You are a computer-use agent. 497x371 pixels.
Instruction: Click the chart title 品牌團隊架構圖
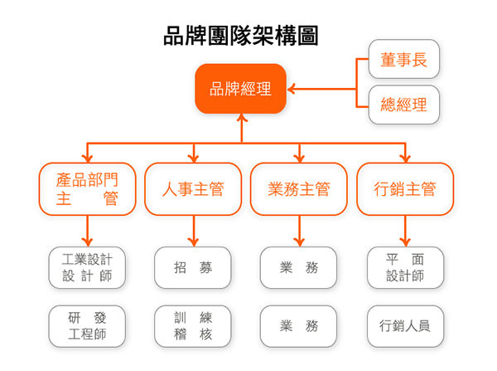[x=240, y=36]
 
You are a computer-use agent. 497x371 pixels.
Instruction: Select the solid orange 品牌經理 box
[x=240, y=89]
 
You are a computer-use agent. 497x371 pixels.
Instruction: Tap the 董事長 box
[x=403, y=61]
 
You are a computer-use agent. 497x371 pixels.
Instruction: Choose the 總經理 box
[x=403, y=105]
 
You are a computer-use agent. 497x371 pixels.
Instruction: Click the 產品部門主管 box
[x=87, y=189]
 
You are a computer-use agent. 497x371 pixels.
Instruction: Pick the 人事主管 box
[x=193, y=189]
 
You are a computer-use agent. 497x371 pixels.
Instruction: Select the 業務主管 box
[x=299, y=189]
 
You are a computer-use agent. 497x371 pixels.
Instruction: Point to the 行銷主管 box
[x=405, y=189]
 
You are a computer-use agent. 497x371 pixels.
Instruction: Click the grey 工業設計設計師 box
[x=87, y=267]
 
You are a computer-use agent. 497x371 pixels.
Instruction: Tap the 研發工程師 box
[x=87, y=326]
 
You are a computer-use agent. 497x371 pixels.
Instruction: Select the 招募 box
[x=193, y=267]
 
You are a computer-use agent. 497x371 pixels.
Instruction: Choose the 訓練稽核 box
[x=193, y=326]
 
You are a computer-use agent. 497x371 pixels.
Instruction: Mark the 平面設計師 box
[x=405, y=267]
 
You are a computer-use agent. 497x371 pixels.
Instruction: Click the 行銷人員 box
[x=405, y=326]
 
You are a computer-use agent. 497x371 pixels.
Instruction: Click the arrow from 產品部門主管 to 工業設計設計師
[x=87, y=229]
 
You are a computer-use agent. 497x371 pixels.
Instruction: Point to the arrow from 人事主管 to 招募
[x=193, y=229]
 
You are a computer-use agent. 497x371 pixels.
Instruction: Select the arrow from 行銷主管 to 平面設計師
[x=405, y=229]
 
